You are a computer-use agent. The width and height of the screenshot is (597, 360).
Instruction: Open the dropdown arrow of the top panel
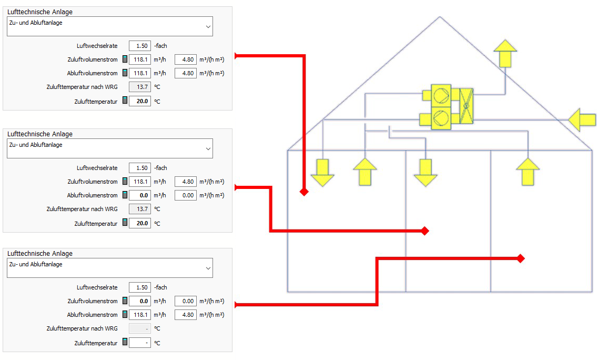208,27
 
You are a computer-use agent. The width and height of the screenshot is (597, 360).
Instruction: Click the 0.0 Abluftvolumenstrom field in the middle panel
140,195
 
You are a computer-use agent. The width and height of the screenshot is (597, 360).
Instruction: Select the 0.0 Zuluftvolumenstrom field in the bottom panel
140,301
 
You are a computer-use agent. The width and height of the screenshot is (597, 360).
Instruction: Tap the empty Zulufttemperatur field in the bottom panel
140,343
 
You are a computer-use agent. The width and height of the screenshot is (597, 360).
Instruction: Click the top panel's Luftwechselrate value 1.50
140,46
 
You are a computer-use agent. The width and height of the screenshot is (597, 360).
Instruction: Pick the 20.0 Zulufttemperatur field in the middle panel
140,223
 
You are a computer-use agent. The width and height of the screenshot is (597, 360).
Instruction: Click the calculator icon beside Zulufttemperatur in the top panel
125,101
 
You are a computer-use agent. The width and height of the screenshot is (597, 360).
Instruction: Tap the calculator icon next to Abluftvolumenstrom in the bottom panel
125,314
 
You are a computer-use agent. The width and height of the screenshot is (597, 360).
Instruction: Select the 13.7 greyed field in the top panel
140,87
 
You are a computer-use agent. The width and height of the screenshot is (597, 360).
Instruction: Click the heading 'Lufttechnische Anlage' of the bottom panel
40,253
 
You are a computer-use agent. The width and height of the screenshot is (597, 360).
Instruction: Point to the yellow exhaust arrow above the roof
505,53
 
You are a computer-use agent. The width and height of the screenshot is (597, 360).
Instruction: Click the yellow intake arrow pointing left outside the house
582,119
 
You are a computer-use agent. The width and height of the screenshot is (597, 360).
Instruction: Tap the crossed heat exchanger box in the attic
466,106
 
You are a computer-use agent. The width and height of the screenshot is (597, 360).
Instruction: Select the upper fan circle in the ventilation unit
441,95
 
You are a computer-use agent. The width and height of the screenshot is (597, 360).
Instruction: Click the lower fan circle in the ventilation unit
441,118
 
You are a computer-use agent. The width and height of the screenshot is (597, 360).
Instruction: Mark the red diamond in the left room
304,192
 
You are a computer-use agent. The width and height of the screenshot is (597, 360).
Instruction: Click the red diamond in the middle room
425,231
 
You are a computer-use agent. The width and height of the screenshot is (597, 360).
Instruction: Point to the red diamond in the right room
521,258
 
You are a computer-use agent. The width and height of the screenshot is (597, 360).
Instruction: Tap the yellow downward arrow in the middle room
426,173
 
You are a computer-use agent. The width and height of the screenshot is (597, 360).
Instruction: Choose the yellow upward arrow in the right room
528,172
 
